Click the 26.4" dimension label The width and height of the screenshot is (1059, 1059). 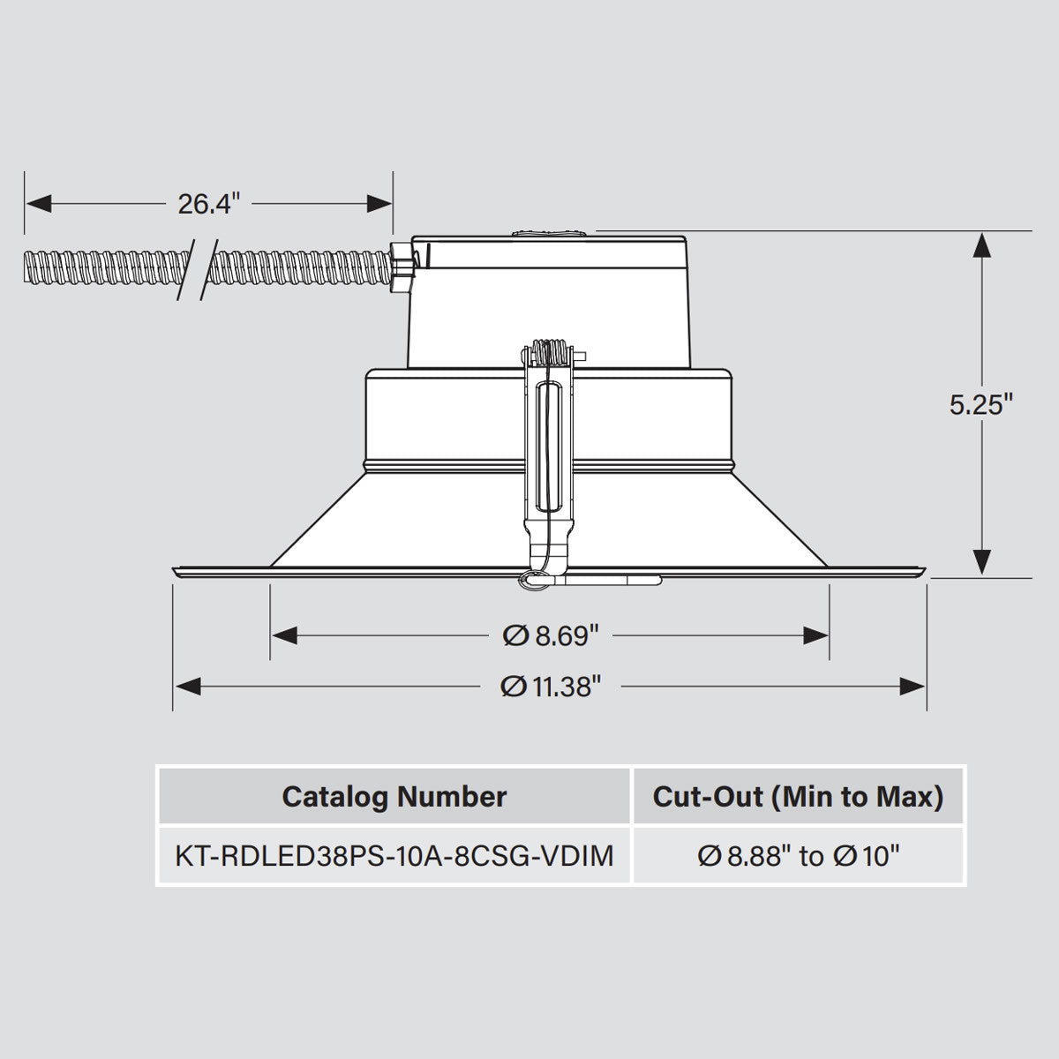pos(208,204)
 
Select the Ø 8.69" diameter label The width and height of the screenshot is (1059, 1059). pos(552,635)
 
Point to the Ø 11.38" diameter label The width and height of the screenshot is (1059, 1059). pos(551,686)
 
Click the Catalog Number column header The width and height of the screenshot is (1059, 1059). pos(394,797)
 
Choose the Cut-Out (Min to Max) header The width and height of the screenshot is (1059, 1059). pos(798,797)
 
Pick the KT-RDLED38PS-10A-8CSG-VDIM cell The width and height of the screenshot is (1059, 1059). pos(394,855)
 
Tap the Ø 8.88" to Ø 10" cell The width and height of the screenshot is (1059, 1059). pos(798,855)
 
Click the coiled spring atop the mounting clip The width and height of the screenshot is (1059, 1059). pos(551,351)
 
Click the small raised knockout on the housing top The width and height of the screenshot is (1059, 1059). pos(549,234)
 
